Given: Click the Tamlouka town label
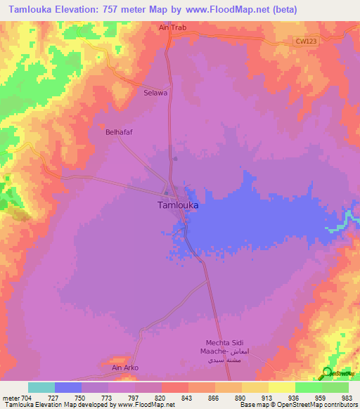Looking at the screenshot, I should [176, 206].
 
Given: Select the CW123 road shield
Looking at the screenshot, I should [304, 42].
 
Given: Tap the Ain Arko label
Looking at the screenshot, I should [126, 367].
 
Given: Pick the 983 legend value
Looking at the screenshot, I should [347, 397].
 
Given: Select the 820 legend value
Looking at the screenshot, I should [160, 397].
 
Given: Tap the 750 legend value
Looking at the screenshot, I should [80, 397].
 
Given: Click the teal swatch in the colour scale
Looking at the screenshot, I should [41, 387].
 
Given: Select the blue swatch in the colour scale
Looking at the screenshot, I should [68, 387].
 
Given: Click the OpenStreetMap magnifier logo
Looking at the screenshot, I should [328, 372].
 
